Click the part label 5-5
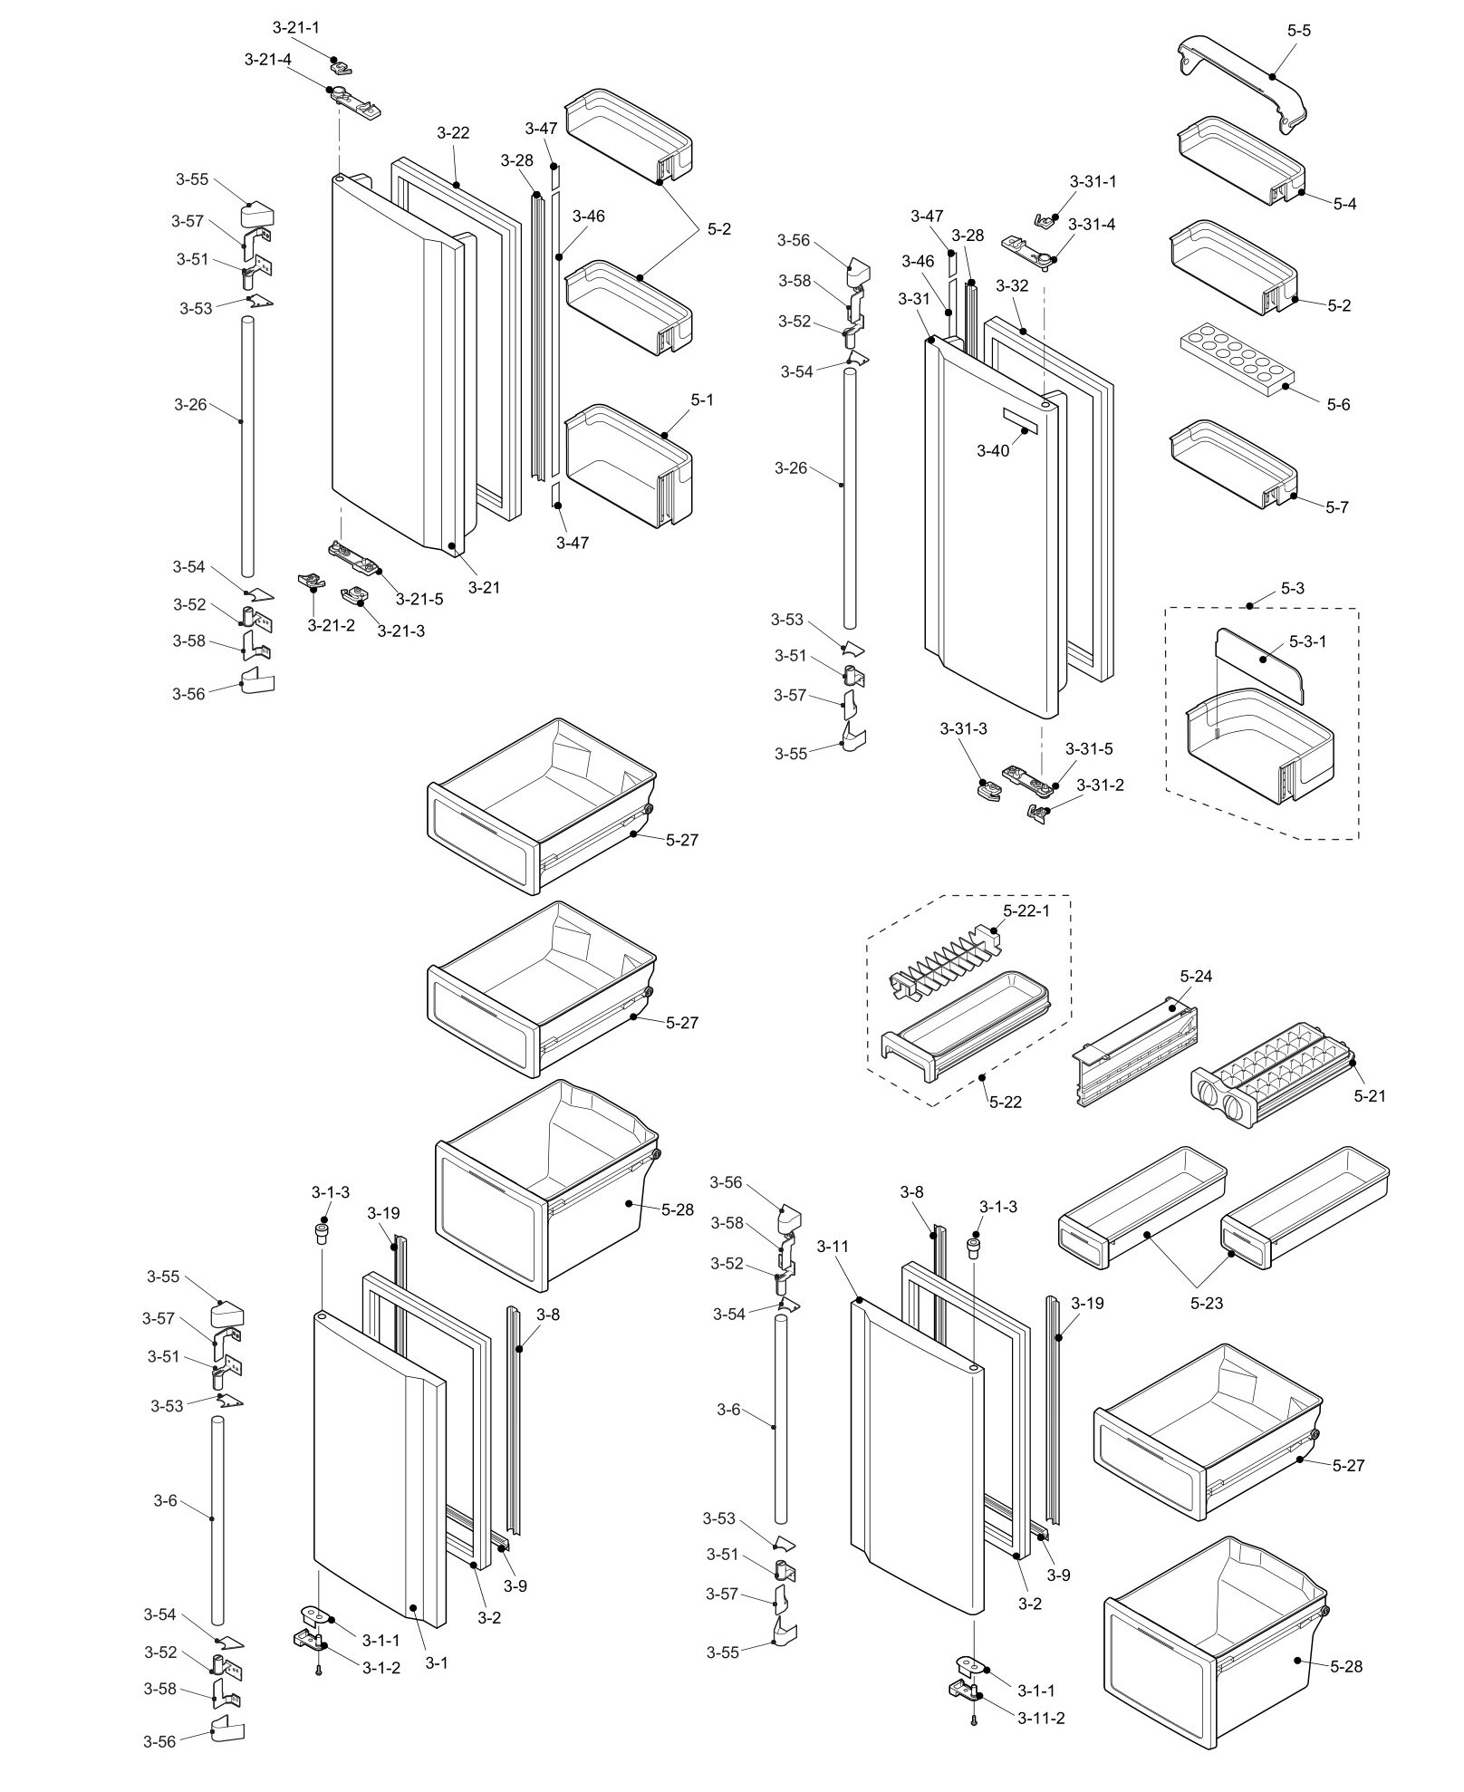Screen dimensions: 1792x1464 [x=1298, y=30]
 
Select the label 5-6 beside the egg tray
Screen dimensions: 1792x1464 [x=1338, y=404]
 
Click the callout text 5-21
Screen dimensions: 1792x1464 [x=1370, y=1096]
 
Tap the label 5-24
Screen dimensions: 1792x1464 [x=1196, y=976]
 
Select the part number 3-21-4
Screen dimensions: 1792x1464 [x=268, y=59]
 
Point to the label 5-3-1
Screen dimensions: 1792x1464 [x=1307, y=641]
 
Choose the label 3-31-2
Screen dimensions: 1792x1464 [x=1100, y=785]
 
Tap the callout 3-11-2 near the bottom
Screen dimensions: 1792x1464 [x=1040, y=1719]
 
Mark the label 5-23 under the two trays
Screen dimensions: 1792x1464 [x=1207, y=1303]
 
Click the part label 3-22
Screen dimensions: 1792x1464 [x=453, y=132]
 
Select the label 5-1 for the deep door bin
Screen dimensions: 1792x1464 [x=702, y=399]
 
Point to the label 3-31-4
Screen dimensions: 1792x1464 [x=1092, y=224]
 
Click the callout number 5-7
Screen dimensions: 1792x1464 [x=1337, y=507]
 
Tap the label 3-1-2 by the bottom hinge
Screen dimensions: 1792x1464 [x=380, y=1667]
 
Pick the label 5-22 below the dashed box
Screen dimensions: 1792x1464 [x=1006, y=1102]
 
